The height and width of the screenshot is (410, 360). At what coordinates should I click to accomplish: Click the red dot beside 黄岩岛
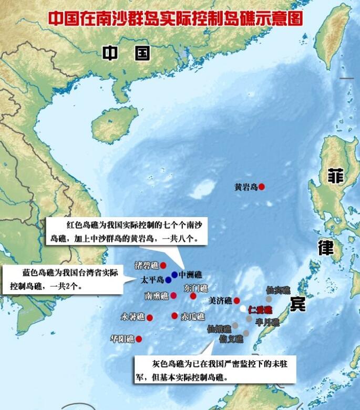[x=262, y=187]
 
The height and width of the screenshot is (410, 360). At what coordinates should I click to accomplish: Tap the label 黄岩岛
[x=246, y=187]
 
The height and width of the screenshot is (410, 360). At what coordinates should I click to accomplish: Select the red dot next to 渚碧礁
[x=163, y=265]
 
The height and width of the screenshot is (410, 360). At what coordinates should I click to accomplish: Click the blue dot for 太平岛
[x=168, y=280]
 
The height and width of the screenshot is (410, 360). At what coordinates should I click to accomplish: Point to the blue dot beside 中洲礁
[x=174, y=274]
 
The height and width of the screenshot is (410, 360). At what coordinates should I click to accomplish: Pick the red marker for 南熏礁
[x=173, y=295]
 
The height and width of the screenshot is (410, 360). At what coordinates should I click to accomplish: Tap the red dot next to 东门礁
[x=193, y=296]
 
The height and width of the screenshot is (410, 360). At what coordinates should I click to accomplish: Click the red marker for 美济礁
[x=237, y=301]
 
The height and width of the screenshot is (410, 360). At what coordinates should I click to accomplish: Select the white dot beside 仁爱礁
[x=243, y=309]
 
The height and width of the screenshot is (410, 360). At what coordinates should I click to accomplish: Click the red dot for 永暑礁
[x=150, y=317]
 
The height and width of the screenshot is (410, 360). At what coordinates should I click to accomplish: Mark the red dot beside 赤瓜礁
[x=174, y=315]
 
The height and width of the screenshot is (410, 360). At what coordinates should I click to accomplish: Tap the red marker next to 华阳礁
[x=139, y=339]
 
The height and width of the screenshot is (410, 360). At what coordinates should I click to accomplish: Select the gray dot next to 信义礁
[x=245, y=333]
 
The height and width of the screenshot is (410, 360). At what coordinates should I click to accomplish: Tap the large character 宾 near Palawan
[x=297, y=303]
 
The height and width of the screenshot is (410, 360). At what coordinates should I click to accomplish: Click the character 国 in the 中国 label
[x=142, y=53]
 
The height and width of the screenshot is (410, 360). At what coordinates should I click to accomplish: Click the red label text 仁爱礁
[x=260, y=310]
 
